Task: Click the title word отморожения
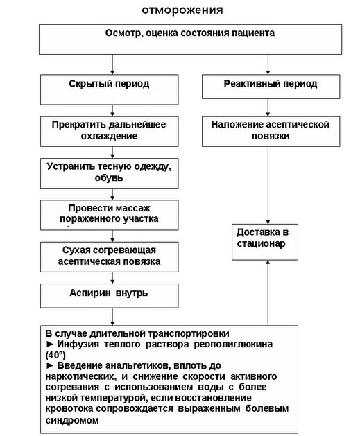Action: (x=182, y=10)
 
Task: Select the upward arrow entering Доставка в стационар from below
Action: (x=268, y=291)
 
